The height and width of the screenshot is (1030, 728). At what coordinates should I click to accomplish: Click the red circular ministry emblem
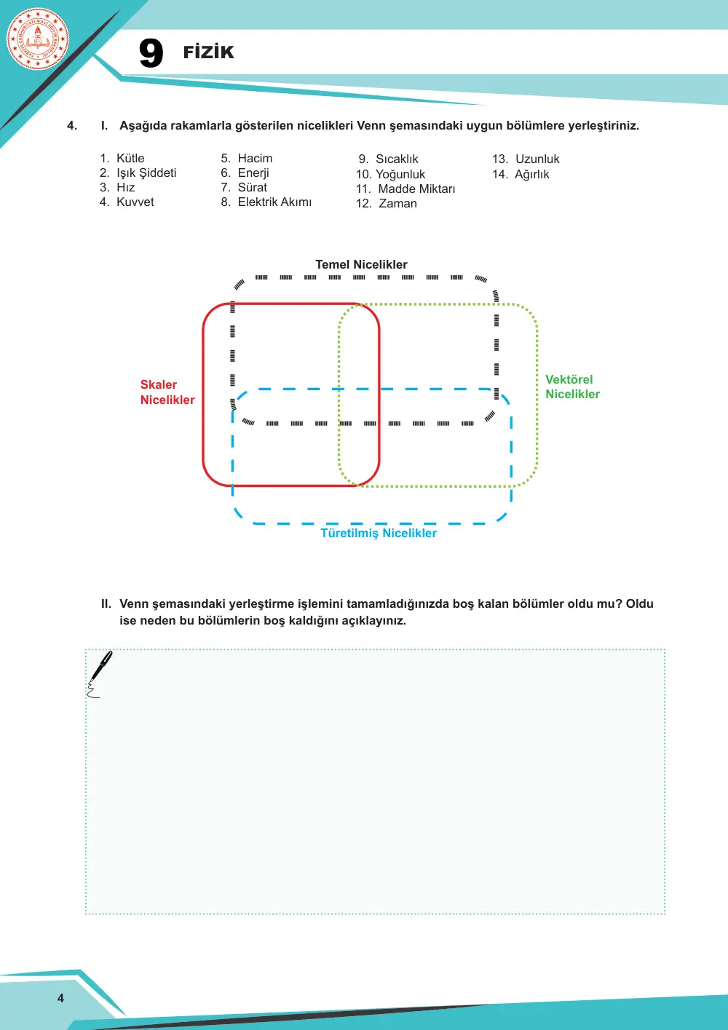coord(38,39)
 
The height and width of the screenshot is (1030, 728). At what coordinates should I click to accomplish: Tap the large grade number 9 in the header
coord(151,53)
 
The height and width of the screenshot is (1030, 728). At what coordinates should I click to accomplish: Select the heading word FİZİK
coord(208,52)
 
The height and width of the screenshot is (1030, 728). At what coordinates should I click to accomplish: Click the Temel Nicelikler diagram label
coord(362,264)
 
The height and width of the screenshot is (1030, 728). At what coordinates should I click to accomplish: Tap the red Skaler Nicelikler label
coord(167,392)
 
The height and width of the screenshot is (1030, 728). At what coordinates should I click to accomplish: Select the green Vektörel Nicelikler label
coord(572,387)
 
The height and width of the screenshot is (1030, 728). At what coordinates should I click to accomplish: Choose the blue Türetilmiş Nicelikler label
coord(379,533)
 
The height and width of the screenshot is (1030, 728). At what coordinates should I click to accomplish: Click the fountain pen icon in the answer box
coord(99,673)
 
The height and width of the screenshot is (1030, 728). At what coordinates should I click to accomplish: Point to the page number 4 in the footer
coord(60,998)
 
